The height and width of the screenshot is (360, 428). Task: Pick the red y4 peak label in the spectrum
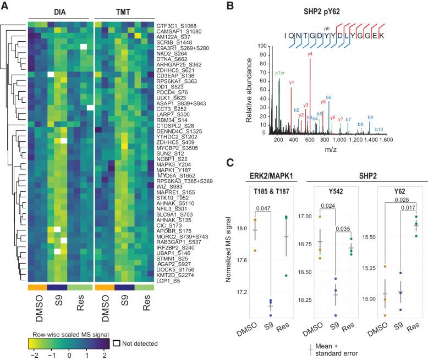pos(310,54)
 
